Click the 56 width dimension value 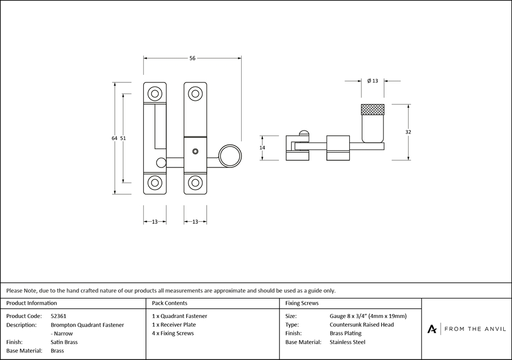tap(192, 58)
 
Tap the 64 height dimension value tap(114, 138)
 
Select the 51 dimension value tap(123, 138)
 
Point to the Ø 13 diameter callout tap(373, 81)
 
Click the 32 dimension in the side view tap(408, 132)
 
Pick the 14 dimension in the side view tap(262, 147)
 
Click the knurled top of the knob tap(373, 109)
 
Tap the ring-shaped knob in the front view tap(230, 155)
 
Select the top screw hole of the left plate tap(154, 93)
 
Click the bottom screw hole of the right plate tap(195, 183)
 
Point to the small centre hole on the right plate tap(195, 152)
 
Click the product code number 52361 tap(59, 316)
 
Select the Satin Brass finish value tap(64, 342)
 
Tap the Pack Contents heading tap(169, 304)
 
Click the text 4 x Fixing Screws tap(173, 333)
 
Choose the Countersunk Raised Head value tap(362, 325)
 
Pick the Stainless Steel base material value tap(348, 342)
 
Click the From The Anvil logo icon tap(433, 329)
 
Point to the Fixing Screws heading tap(302, 304)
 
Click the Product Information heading tap(32, 304)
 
